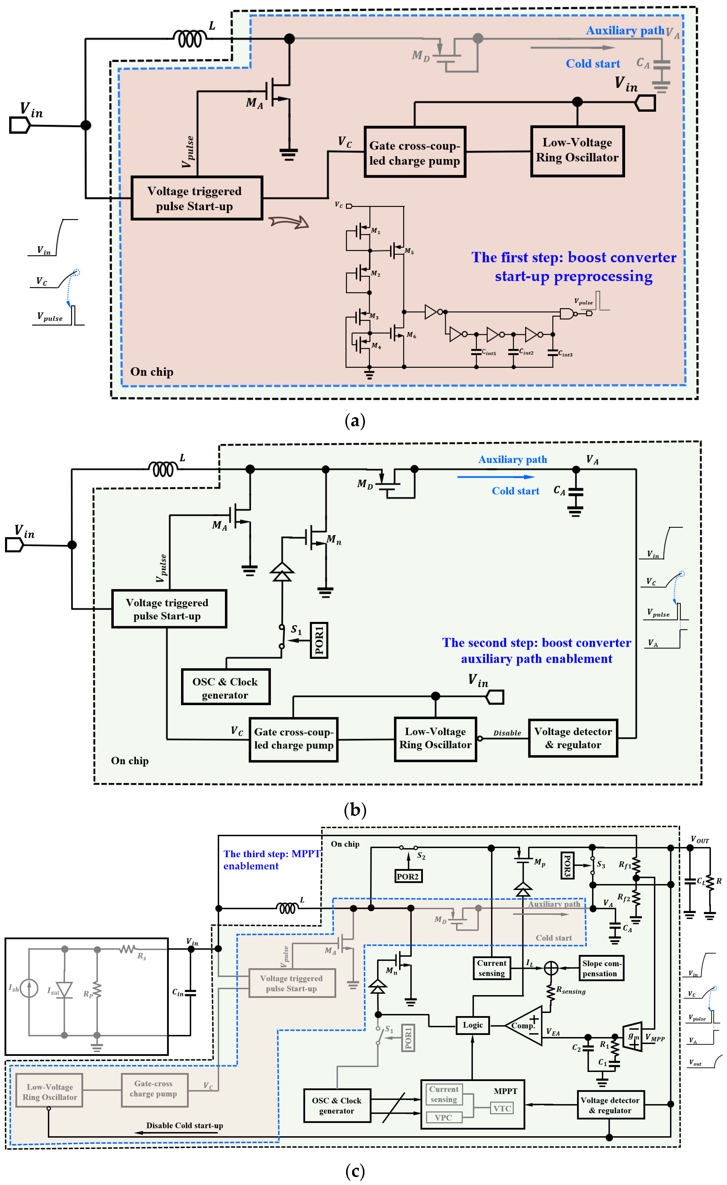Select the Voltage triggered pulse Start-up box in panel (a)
197,198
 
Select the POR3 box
567,865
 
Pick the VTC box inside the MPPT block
502,1108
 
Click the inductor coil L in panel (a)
190,38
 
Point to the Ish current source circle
29,988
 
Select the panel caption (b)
355,809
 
